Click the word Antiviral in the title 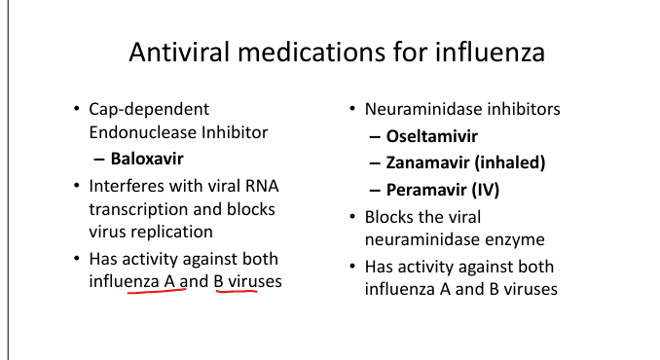click(x=179, y=52)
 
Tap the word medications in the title click(x=312, y=52)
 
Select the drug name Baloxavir click(x=147, y=159)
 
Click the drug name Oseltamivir click(x=432, y=136)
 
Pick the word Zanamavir click(x=427, y=162)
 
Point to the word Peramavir click(x=426, y=190)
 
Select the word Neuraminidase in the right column click(x=423, y=109)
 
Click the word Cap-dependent click(x=149, y=110)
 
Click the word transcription click(x=138, y=209)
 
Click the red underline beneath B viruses click(x=237, y=290)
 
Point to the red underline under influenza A click(x=157, y=290)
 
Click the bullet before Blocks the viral click(x=352, y=217)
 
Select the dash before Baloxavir click(x=99, y=160)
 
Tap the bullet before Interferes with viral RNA click(x=76, y=186)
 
